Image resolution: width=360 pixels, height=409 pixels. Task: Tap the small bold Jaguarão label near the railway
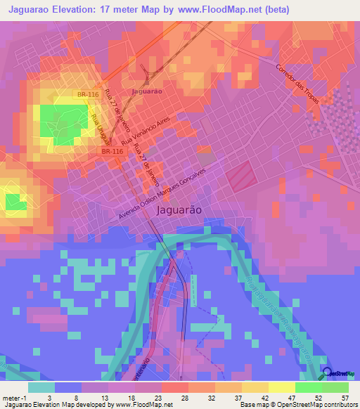[x=147, y=91]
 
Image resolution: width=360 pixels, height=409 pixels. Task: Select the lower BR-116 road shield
[x=111, y=150]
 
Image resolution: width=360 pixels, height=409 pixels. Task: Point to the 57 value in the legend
[x=345, y=398]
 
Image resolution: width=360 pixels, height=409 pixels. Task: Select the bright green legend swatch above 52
[x=308, y=387]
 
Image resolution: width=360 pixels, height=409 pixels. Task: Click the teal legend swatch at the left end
[x=41, y=387]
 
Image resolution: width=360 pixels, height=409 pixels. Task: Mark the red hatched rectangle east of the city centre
[x=240, y=174]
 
